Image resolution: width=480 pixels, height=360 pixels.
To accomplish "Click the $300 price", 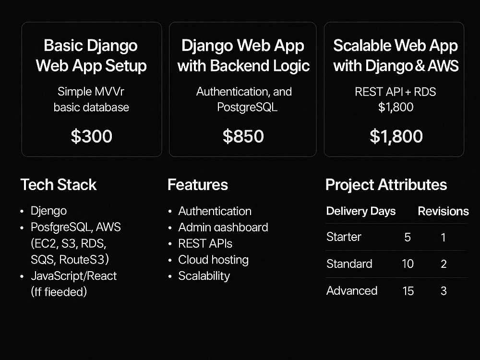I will [x=91, y=136].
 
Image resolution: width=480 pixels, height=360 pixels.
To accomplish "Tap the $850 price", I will [x=243, y=136].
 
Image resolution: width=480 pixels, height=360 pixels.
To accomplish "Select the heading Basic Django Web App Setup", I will [x=91, y=56].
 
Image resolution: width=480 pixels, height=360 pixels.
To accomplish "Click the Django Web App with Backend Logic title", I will [x=243, y=56].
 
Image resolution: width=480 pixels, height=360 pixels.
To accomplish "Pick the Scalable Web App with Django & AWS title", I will [x=396, y=56].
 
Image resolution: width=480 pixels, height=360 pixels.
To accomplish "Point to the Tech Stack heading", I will [x=58, y=185].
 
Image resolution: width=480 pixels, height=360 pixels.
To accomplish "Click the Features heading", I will [x=197, y=185].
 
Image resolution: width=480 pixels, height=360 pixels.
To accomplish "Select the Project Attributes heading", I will [x=386, y=185].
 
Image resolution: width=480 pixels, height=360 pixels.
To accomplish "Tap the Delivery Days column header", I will [x=360, y=211].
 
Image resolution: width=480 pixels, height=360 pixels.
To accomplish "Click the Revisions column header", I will [x=443, y=211].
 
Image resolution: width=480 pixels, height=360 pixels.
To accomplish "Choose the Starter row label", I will [x=344, y=237].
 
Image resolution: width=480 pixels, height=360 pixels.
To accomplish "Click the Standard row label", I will [x=349, y=264].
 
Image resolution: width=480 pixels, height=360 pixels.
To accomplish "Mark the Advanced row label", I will [x=352, y=290].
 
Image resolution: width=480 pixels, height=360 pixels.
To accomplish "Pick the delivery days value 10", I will [x=408, y=264].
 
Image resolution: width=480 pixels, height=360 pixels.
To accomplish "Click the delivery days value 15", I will [x=408, y=291].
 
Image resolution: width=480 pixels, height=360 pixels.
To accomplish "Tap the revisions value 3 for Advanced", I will [x=444, y=291].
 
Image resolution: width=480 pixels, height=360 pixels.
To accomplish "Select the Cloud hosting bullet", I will [x=213, y=260].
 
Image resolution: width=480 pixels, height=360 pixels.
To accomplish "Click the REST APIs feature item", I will [x=205, y=243].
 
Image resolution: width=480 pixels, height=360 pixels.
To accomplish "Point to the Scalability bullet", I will [x=204, y=276].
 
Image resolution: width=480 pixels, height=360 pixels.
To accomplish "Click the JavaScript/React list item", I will [x=73, y=276].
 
